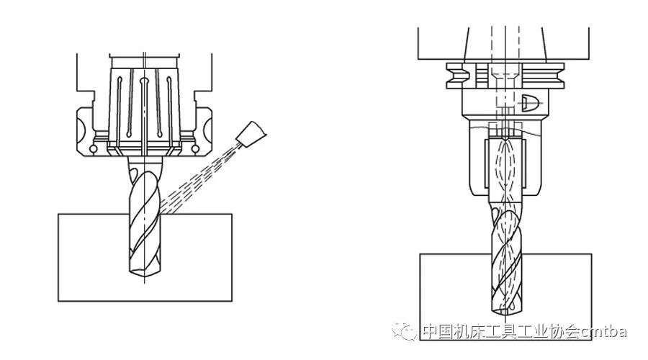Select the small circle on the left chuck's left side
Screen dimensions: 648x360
[94, 148]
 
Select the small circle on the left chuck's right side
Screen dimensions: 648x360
[195, 148]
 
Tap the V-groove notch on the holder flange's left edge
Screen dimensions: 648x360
[456, 75]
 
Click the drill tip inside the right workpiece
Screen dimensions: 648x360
[507, 308]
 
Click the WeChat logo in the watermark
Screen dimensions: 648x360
[404, 331]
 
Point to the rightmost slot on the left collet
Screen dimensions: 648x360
[169, 107]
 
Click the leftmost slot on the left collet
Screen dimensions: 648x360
[119, 107]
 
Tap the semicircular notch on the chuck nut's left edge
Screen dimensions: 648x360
[81, 131]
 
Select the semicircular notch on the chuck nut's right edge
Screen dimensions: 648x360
[208, 131]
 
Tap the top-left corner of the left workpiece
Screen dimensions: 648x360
[58, 214]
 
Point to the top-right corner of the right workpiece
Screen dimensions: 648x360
[591, 254]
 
